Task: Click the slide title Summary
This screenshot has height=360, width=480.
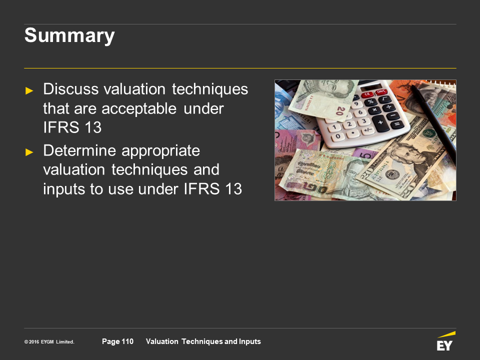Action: (69, 36)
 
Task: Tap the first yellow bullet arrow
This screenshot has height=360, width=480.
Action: (29, 90)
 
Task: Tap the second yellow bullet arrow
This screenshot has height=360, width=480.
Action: (29, 152)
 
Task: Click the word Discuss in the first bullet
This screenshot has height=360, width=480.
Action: (70, 89)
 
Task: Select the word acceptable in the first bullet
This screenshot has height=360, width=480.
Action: (139, 108)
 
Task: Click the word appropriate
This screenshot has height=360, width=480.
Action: (160, 151)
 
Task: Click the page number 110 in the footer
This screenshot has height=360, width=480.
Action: (127, 341)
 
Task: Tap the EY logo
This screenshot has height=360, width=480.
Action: (445, 341)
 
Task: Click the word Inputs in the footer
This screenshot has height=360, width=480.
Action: (250, 341)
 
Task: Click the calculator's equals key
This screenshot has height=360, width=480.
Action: (396, 124)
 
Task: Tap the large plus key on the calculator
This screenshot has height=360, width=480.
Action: (380, 123)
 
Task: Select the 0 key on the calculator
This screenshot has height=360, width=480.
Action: (337, 136)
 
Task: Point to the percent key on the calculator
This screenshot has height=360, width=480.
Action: (370, 101)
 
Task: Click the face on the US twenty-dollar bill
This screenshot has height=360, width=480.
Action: (405, 153)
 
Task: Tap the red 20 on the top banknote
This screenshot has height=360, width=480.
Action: (340, 110)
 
